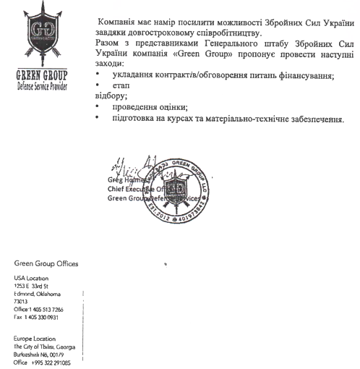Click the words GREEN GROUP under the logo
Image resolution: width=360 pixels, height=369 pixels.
(x=42, y=75)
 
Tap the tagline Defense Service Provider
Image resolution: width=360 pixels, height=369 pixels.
(x=42, y=85)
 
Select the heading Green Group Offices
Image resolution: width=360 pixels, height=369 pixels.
(x=46, y=263)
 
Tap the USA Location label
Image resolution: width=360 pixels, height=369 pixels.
(x=32, y=278)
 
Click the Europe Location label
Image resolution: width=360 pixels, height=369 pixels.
(x=35, y=339)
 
